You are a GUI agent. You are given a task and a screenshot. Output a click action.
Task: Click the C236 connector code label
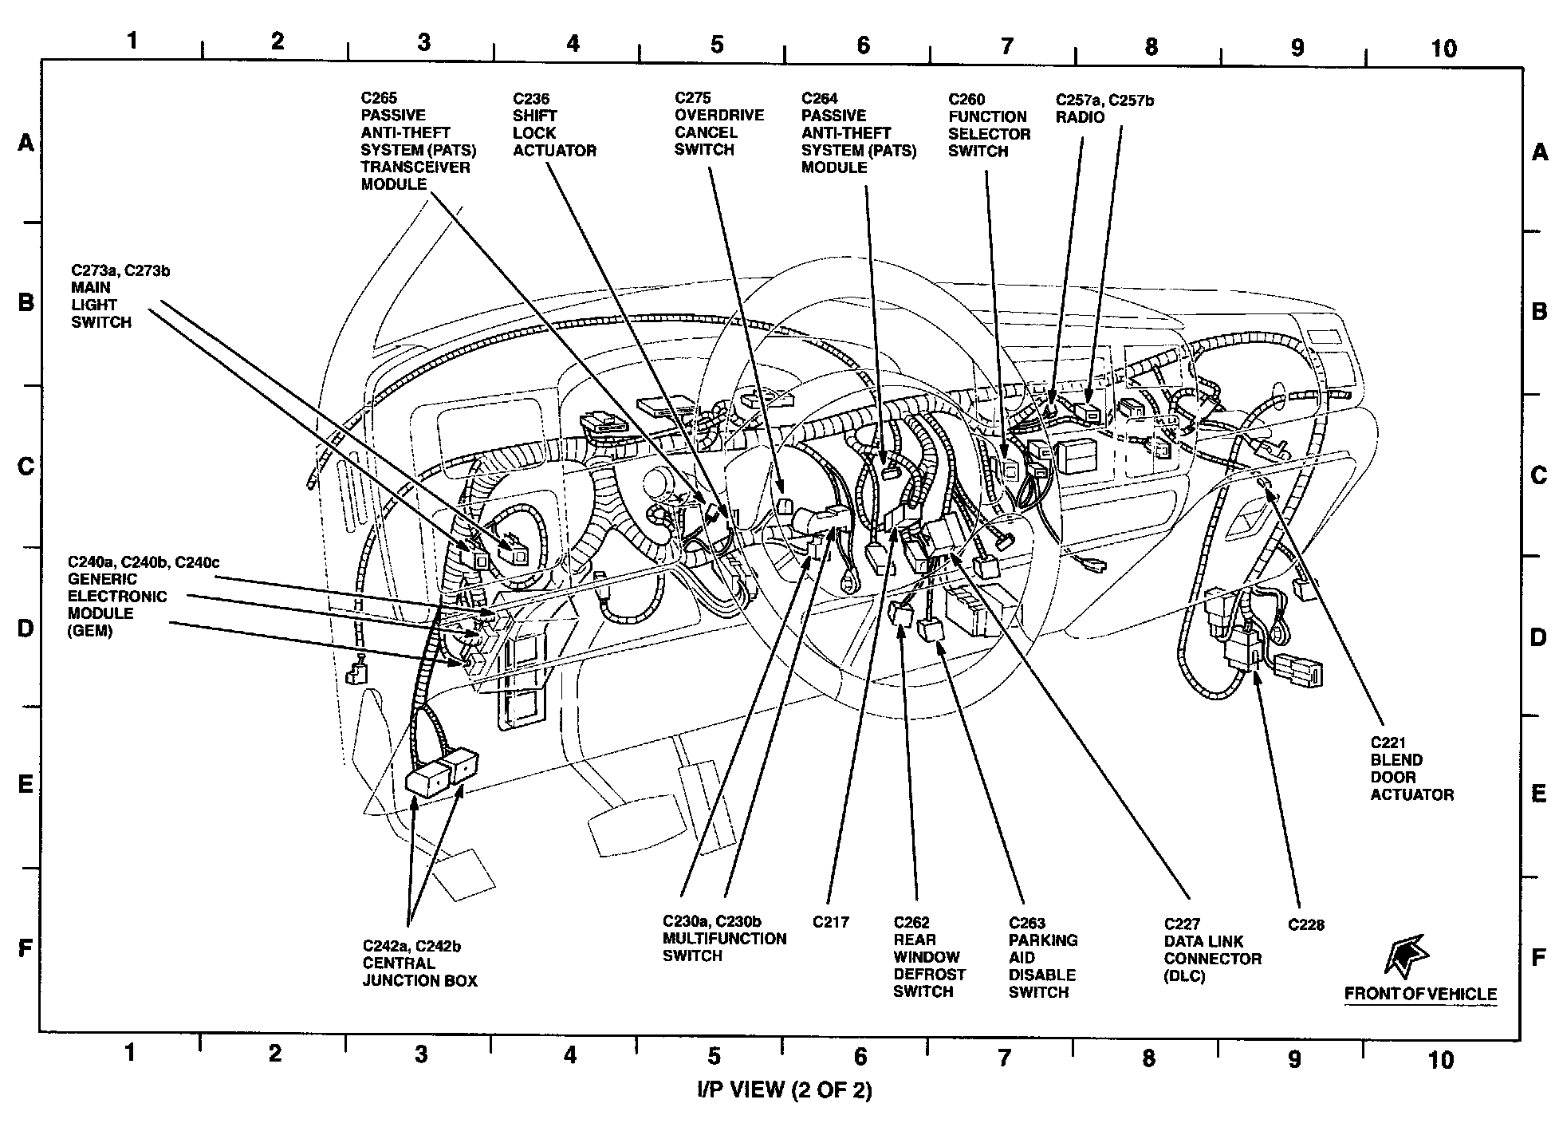tap(530, 99)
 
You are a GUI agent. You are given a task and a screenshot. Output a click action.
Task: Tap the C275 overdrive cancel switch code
tap(692, 98)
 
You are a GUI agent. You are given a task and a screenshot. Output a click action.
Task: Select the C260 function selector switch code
tap(966, 99)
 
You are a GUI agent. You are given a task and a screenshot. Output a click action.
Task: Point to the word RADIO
tap(1080, 117)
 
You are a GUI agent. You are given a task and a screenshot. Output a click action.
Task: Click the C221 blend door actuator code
tap(1388, 743)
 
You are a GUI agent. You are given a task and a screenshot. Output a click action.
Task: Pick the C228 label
tap(1306, 925)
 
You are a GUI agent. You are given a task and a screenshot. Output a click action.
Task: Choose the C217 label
tap(831, 922)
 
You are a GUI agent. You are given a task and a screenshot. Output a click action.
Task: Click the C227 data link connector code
tap(1182, 924)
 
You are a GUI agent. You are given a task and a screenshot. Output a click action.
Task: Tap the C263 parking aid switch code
tap(1026, 924)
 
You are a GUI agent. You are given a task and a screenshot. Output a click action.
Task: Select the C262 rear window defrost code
tap(911, 923)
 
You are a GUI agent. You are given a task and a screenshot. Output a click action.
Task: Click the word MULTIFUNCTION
tap(724, 939)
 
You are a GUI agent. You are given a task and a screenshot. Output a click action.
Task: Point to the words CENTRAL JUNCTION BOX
tap(419, 972)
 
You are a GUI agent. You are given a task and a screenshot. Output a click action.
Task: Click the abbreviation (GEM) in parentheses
tap(90, 631)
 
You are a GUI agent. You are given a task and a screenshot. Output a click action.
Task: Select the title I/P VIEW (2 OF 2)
tap(784, 1090)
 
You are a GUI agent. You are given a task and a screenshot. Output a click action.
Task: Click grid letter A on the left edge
tap(26, 144)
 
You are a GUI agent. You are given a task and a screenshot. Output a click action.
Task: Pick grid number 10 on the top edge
tap(1443, 48)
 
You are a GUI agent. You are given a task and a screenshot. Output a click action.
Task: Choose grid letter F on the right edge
tap(1539, 957)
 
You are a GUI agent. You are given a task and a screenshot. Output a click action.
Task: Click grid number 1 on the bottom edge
tap(129, 1054)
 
